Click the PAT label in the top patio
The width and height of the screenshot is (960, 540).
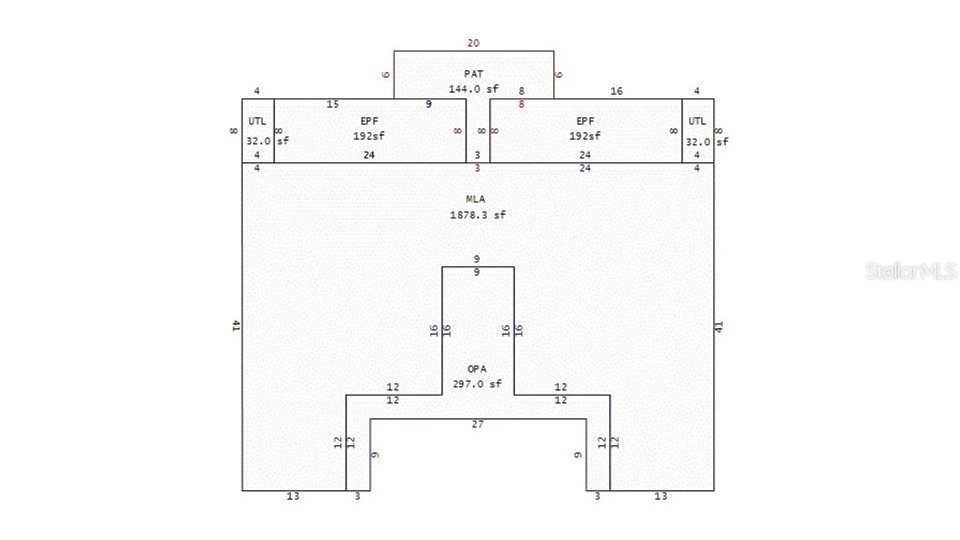click(473, 73)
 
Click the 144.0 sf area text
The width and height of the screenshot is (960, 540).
click(473, 89)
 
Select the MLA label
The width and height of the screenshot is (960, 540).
click(476, 199)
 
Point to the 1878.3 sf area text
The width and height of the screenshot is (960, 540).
click(477, 215)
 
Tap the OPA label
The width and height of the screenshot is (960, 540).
click(477, 368)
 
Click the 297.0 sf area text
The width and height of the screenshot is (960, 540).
click(477, 383)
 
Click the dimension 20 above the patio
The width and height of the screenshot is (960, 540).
click(473, 43)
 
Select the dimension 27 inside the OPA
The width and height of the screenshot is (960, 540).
click(477, 425)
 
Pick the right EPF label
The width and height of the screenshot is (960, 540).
click(585, 121)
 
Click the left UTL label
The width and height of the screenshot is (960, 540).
click(257, 121)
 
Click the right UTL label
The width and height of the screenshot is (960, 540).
click(697, 121)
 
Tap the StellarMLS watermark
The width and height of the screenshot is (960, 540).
click(909, 271)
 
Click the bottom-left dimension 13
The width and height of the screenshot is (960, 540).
click(293, 497)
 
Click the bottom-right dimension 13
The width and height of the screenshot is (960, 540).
click(661, 497)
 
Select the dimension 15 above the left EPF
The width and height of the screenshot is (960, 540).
click(333, 104)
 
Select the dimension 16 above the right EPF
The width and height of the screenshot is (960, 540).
click(616, 91)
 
